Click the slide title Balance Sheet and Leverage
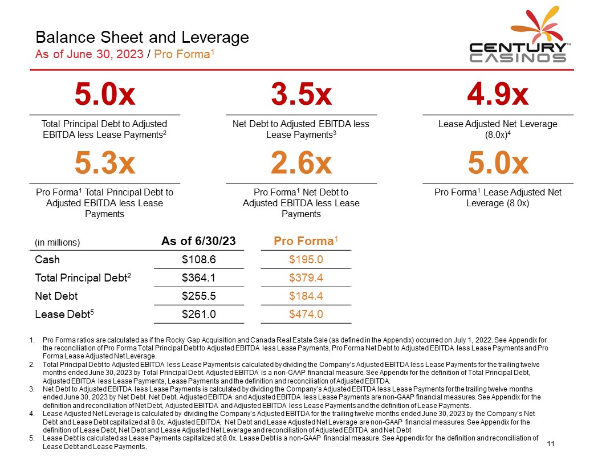(142, 38)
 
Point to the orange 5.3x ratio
(105, 164)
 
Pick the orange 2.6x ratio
(301, 164)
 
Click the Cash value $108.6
(198, 260)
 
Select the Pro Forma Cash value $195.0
(306, 260)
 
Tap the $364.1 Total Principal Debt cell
(198, 278)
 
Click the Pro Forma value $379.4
(306, 278)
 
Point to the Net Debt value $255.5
(198, 296)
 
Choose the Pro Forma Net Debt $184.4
(306, 296)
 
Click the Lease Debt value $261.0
(198, 314)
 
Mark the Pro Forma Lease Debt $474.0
(306, 314)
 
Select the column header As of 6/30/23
(198, 241)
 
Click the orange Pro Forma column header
(306, 241)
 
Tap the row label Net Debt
(56, 296)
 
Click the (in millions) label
(58, 242)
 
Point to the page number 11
(551, 444)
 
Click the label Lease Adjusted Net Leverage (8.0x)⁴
(498, 129)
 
